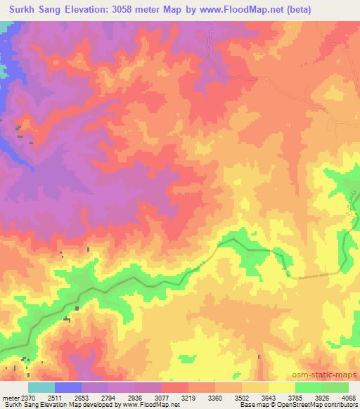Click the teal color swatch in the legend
coord(41,387)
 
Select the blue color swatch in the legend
coord(67,387)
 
